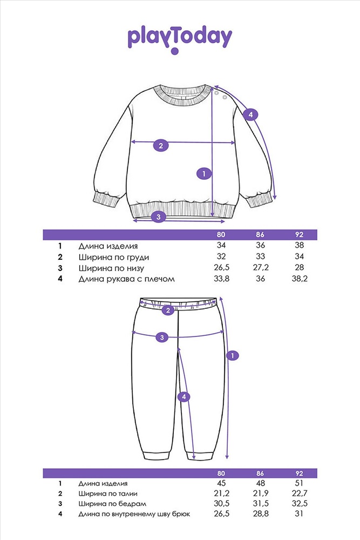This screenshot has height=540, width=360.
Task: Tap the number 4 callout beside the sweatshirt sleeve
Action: (250, 114)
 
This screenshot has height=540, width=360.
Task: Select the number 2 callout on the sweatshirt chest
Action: (161, 145)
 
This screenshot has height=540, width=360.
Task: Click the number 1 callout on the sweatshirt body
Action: (204, 173)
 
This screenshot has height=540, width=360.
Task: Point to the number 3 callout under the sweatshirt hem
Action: (158, 217)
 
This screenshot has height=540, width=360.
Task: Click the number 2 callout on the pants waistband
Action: (168, 310)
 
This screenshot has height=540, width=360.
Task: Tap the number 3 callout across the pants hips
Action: (162, 337)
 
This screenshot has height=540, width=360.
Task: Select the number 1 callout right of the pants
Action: (233, 355)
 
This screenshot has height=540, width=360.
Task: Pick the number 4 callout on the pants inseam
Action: (184, 397)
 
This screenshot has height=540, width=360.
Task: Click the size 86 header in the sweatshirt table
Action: (260, 234)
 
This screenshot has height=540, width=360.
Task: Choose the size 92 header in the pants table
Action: (299, 473)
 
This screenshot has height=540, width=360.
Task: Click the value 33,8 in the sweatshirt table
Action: (221, 279)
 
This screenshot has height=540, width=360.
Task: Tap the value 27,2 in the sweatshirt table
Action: (261, 268)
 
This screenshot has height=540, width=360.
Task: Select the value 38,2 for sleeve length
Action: (300, 279)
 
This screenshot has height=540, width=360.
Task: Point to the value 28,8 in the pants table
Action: (261, 514)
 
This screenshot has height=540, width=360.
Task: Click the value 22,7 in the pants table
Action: (300, 493)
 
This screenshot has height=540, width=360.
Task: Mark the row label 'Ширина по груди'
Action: (114, 257)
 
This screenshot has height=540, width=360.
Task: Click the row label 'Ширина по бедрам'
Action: (113, 504)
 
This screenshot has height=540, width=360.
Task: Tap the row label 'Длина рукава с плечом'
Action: (127, 279)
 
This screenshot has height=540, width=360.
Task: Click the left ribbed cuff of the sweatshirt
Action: (106, 199)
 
